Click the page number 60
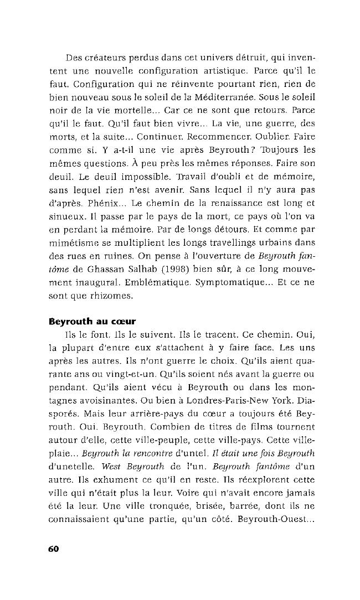click(53, 549)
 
